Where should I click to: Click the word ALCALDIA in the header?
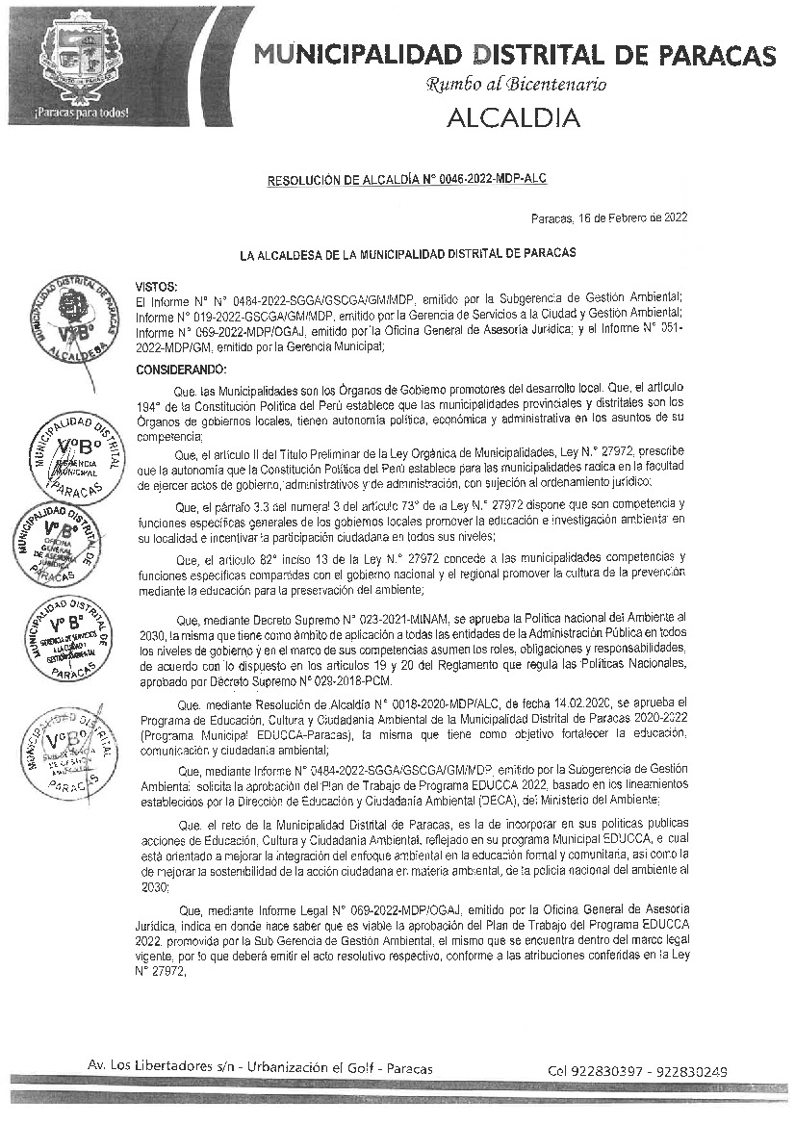513,117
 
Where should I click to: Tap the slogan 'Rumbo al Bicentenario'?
516,84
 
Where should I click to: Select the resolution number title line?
408,180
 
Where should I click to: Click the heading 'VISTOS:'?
157,287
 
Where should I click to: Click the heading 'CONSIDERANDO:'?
181,370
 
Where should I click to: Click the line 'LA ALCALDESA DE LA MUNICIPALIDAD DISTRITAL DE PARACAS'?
407,254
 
